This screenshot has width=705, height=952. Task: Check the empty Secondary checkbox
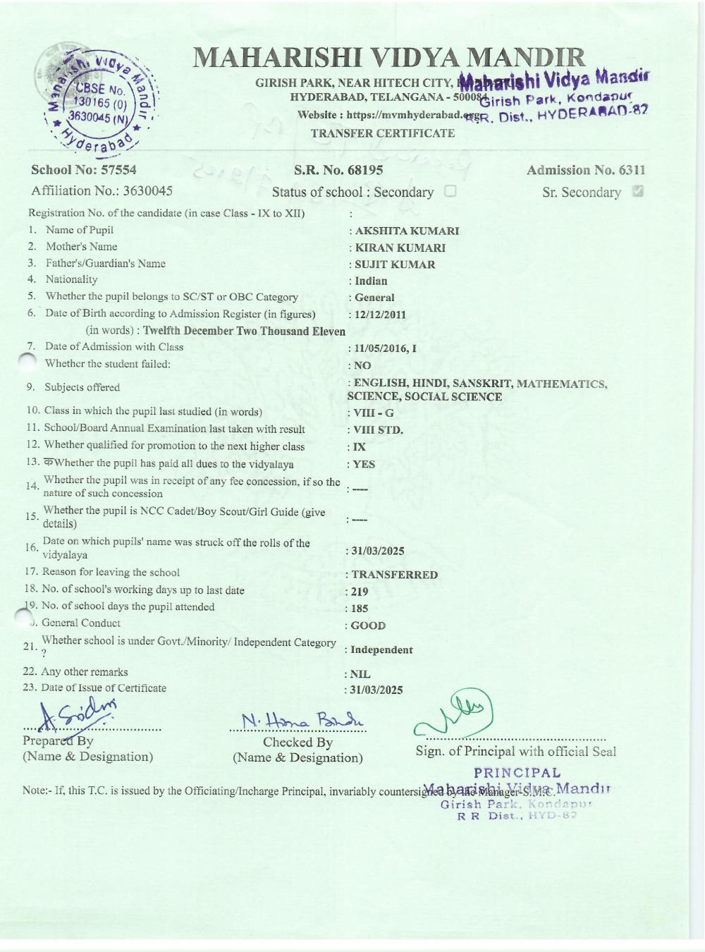[450, 191]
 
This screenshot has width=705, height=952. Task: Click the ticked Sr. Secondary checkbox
[638, 191]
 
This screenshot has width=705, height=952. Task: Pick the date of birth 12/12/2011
[380, 315]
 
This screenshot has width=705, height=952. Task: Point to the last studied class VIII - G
[374, 413]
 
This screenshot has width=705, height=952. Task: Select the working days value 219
[360, 592]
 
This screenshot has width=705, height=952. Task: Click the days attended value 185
[360, 609]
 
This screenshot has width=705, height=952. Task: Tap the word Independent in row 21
[383, 650]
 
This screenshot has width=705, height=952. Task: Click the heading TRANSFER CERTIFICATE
[383, 133]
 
